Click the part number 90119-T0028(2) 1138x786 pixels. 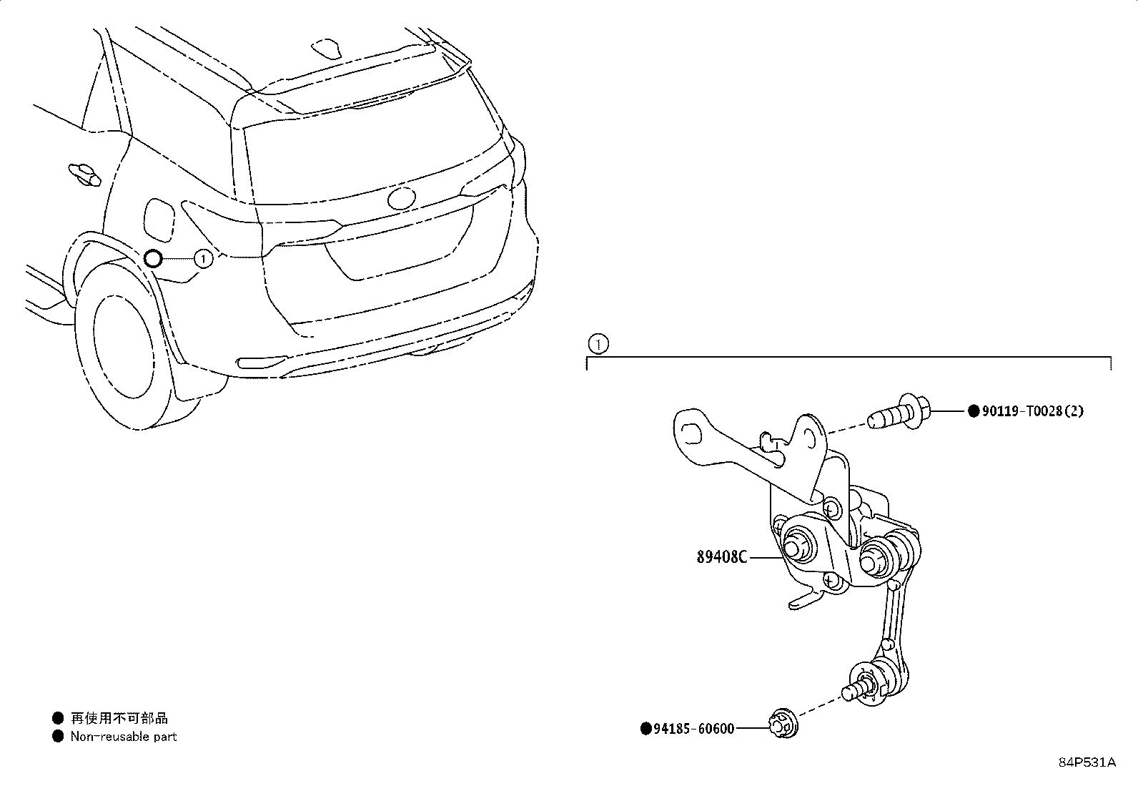coord(1032,411)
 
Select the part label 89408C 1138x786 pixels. coord(721,557)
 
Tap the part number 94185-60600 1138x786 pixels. coord(694,729)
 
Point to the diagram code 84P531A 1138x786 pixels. coord(1087,762)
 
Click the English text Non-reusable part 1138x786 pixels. coord(124,736)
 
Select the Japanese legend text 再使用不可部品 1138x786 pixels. coord(119,718)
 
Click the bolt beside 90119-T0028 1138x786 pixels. coord(899,411)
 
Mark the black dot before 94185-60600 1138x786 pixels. coord(645,729)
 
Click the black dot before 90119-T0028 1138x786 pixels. coord(974,411)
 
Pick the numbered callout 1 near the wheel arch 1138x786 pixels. coord(203,259)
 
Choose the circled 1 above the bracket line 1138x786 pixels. coord(598,344)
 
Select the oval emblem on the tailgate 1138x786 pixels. coord(401,198)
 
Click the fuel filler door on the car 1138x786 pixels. coord(160,220)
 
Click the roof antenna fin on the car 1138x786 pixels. coord(327,47)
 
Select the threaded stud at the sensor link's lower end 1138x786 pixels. coord(854,691)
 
